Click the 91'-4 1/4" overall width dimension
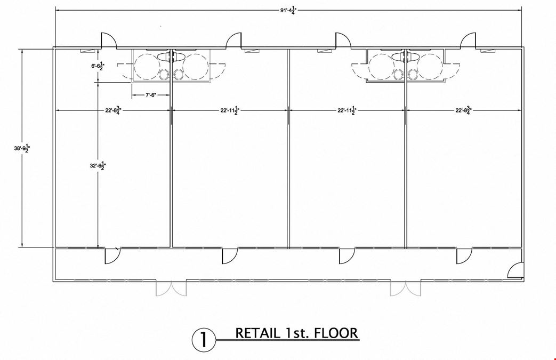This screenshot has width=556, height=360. coord(288,10)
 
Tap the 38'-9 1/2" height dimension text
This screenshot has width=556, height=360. coord(22,148)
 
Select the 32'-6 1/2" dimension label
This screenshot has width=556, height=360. coord(98,165)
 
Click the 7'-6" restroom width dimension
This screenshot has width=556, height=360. coord(151,95)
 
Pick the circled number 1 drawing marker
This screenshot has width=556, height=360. coord(204,340)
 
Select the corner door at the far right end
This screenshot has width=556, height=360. coord(515,270)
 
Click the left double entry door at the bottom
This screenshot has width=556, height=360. coord(171,289)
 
